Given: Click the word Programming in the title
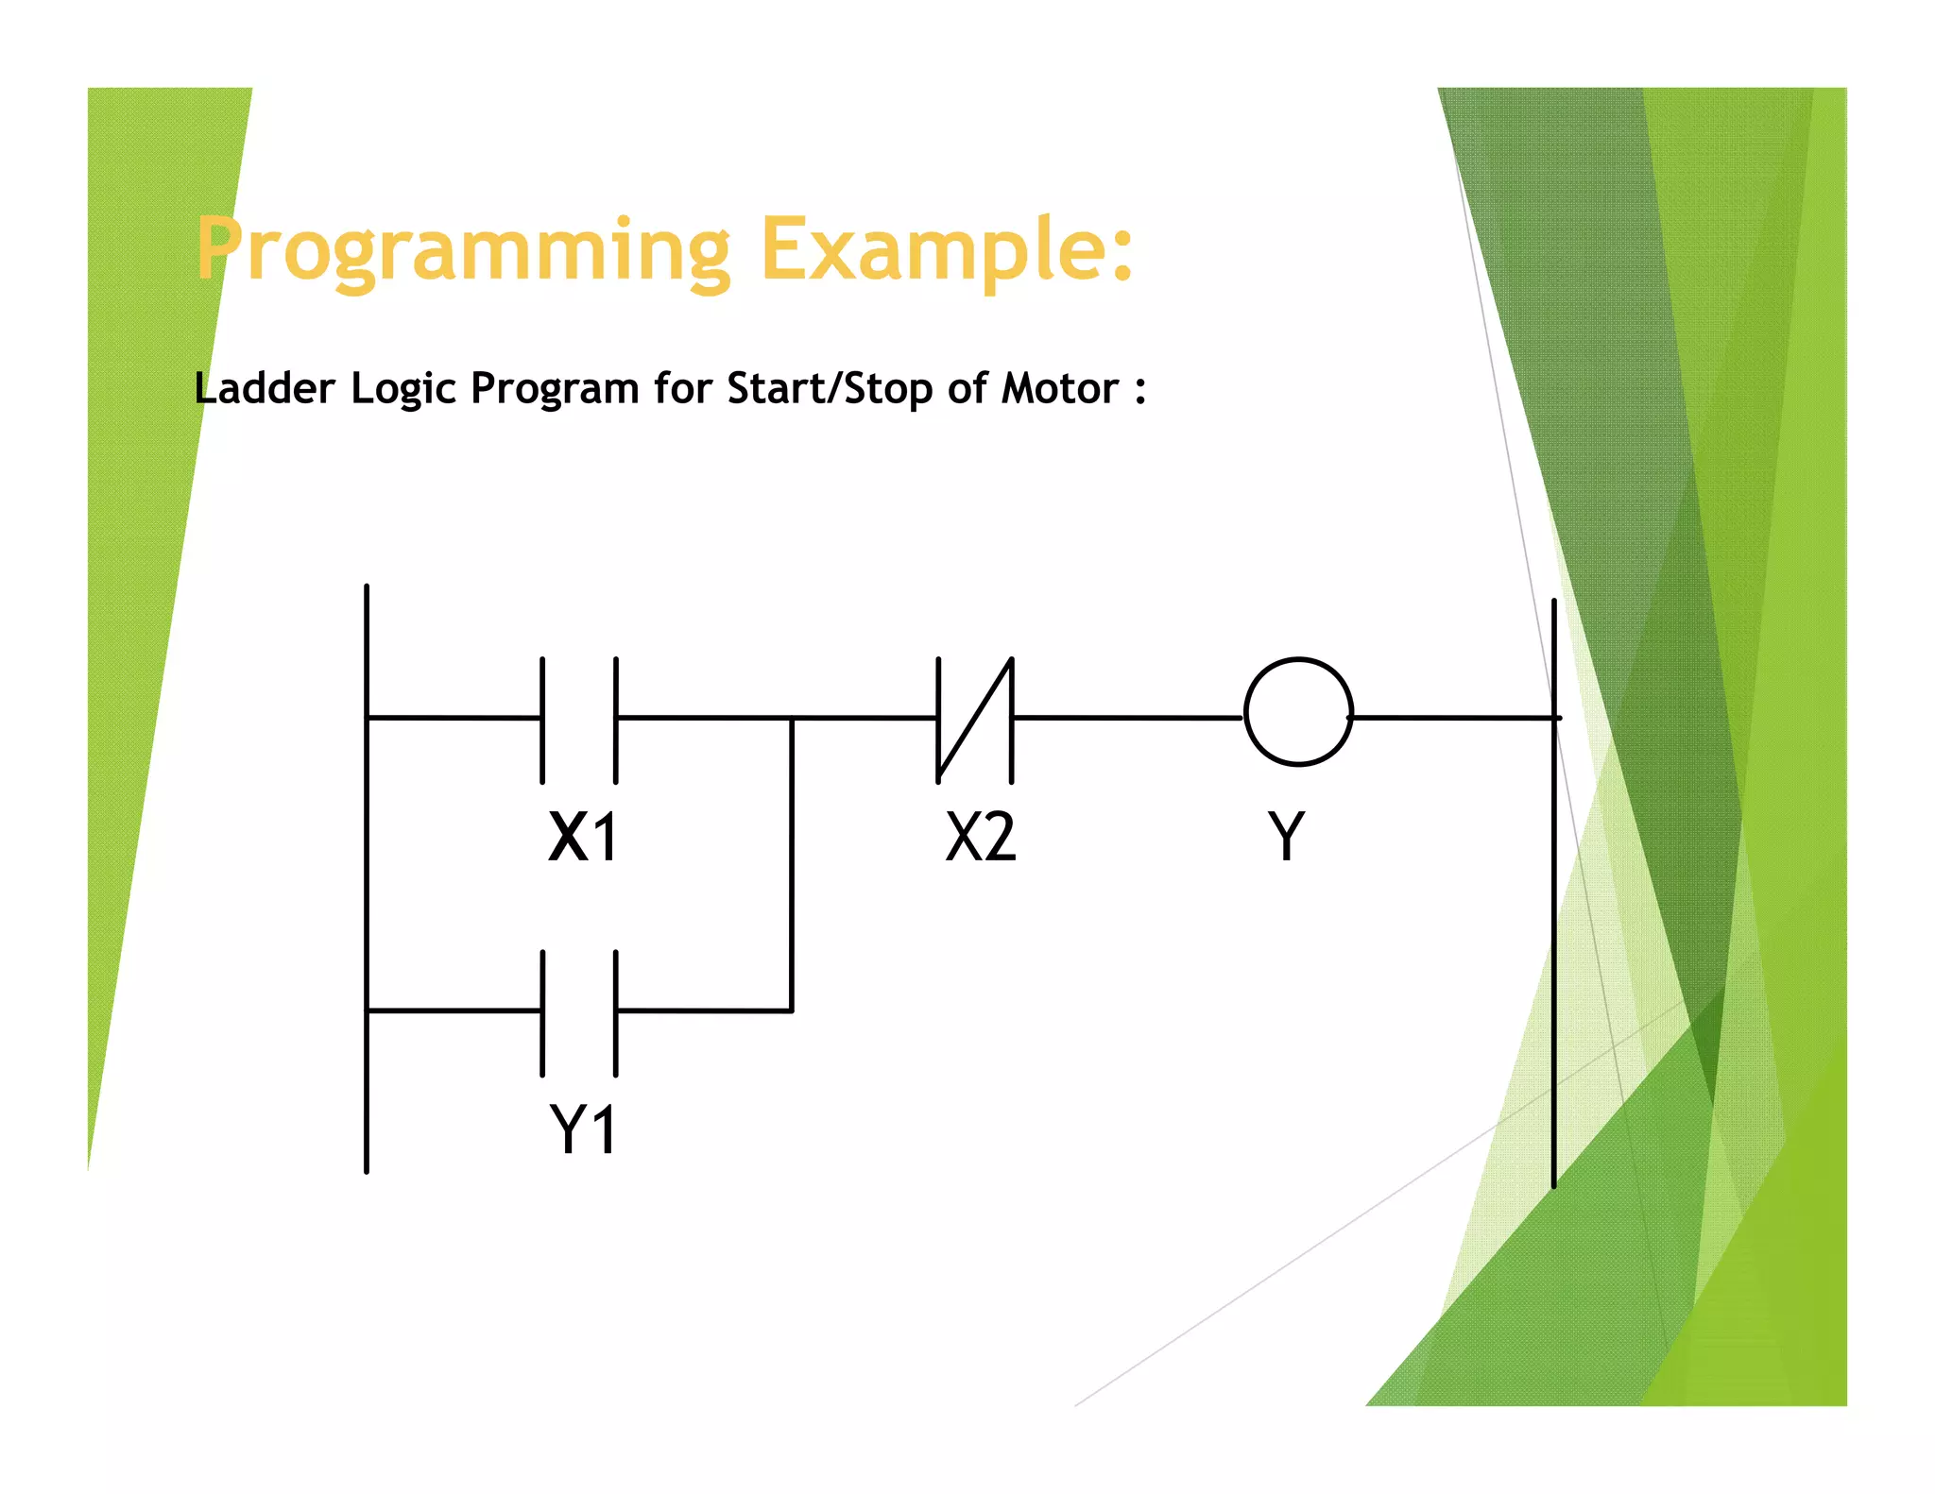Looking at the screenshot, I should pos(463,250).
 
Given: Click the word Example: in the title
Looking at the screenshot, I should pos(947,250).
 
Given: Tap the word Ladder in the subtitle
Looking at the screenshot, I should pos(265,388).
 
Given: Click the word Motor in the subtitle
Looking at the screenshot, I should pos(1060,388).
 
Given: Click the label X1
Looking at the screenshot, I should pos(583,837).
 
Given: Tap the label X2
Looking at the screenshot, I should pos(981,837).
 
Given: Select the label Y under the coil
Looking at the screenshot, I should pos(1286,837).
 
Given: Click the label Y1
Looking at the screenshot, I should pos(583,1129).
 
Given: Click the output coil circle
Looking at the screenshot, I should pos(1298,711).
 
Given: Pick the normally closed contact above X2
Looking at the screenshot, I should pos(975,720).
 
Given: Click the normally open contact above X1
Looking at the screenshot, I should pos(579,720).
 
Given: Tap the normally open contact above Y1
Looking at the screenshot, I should pos(579,1012).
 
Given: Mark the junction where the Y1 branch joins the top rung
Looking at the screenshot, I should pos(792,719).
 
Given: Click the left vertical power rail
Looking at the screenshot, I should pos(367,878).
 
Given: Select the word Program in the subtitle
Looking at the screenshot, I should pos(555,389).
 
